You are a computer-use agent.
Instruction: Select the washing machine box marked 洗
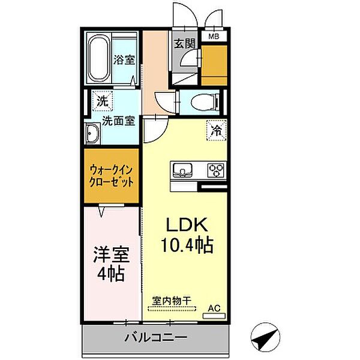(103, 101)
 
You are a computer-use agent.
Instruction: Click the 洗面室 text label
(118, 120)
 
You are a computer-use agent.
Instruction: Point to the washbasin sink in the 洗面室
(93, 133)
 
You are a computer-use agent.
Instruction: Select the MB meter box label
(214, 37)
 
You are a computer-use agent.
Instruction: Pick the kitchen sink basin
(182, 170)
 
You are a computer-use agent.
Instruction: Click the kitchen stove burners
(215, 170)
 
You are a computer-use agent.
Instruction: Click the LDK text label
(186, 226)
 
